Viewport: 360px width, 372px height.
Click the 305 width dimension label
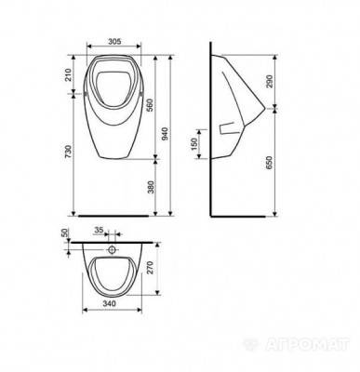click(114, 41)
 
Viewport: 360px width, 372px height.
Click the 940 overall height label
click(165, 134)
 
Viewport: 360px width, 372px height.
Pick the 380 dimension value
click(151, 187)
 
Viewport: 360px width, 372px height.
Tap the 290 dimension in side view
click(269, 81)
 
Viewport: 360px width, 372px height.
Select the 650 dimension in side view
click(269, 163)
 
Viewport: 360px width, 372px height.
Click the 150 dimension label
click(193, 144)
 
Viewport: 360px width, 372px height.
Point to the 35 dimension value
click(99, 230)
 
